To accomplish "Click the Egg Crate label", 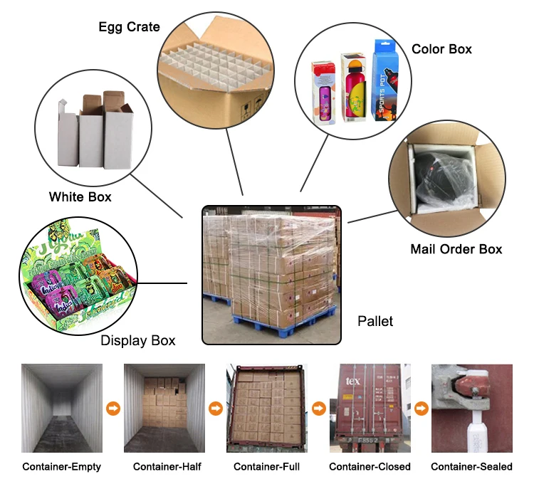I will (129, 28).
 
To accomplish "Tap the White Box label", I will (80, 196).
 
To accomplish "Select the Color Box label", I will (441, 49).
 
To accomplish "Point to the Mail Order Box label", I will (456, 249).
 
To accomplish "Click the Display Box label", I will (137, 340).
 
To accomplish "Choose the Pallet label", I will (375, 321).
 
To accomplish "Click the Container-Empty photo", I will (62, 409).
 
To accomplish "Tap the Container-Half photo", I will (164, 409).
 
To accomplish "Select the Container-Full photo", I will (267, 409).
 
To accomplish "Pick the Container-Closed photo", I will (370, 409).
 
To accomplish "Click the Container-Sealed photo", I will (471, 409).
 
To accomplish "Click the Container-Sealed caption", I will (471, 467).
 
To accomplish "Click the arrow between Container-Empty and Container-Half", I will (113, 409).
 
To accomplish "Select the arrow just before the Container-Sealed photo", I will (421, 409).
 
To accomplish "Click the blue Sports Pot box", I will (385, 79).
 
